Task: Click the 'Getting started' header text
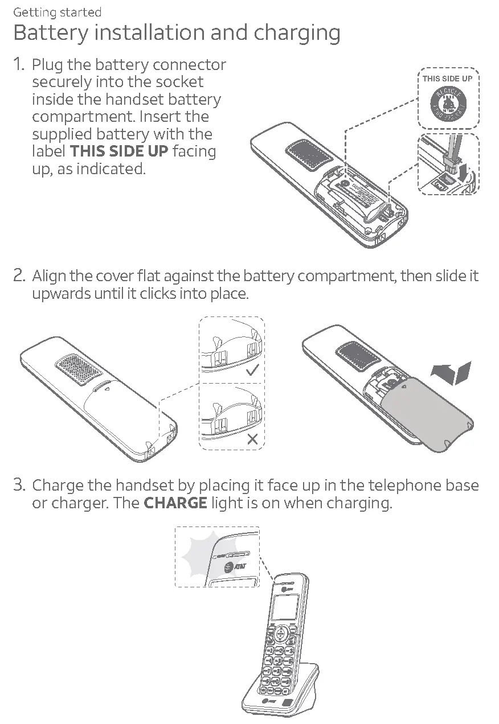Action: pos(57,12)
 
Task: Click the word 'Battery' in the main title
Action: pos(48,33)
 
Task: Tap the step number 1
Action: pos(19,65)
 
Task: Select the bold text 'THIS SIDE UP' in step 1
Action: pos(118,151)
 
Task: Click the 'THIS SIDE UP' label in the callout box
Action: pos(447,79)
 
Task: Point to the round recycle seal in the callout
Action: pos(448,104)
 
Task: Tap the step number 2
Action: pos(19,276)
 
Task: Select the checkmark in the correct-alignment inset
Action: pos(252,372)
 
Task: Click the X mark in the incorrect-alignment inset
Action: pos(253,438)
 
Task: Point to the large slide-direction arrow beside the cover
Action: pos(452,373)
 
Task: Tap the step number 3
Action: pos(19,486)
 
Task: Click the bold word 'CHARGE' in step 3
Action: pos(175,504)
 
